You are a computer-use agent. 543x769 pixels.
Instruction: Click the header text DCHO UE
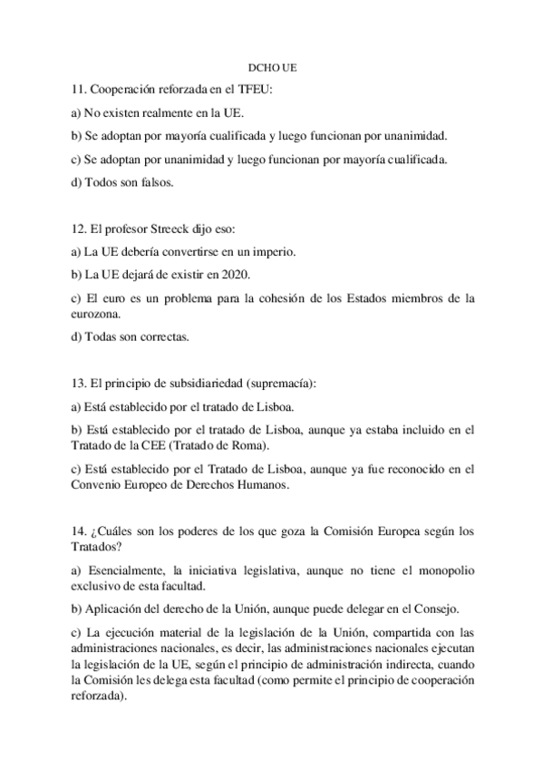(x=272, y=68)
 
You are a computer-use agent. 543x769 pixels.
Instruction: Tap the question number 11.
(x=77, y=91)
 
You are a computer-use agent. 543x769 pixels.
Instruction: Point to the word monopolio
(x=448, y=569)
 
